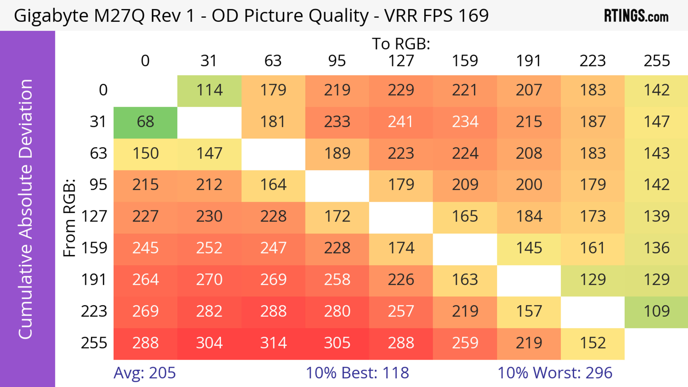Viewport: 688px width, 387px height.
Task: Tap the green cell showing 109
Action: coord(656,311)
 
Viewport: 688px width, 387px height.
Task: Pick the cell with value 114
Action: coord(209,90)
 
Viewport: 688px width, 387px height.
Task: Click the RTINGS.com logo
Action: coord(636,16)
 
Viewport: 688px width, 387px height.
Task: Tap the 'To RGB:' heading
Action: coord(401,44)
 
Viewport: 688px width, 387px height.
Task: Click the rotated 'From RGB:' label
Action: coord(70,218)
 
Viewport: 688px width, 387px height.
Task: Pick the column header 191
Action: coord(529,61)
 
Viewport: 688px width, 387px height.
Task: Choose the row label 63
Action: coord(98,154)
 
